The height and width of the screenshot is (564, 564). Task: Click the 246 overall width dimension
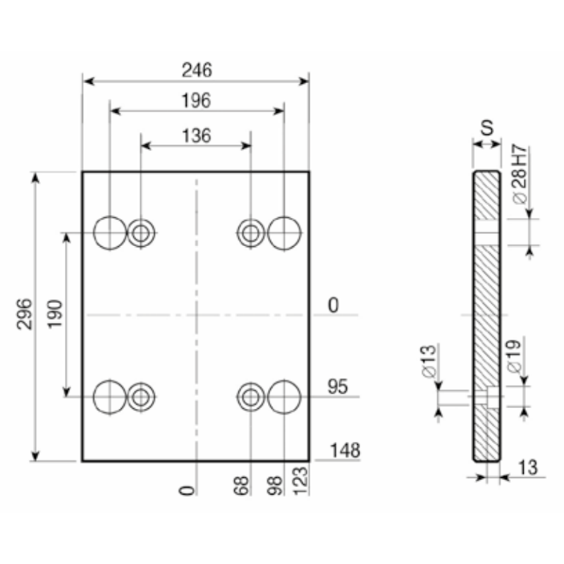coord(197,70)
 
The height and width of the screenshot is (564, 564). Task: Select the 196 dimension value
coord(197,101)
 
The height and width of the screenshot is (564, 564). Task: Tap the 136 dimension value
coord(196,135)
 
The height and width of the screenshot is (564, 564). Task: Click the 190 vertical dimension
coord(55,314)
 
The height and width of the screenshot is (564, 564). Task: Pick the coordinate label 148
coord(345,450)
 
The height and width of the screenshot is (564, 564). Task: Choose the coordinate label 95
coord(339,387)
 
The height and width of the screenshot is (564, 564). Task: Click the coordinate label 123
coord(300,486)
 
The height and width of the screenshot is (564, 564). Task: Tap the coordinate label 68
coord(241,486)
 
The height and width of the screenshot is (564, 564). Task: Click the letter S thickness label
coord(486,128)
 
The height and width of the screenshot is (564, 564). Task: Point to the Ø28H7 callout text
coord(517,175)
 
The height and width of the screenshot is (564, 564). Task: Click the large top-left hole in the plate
coord(110,232)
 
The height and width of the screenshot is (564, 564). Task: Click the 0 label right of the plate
coord(333,305)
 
